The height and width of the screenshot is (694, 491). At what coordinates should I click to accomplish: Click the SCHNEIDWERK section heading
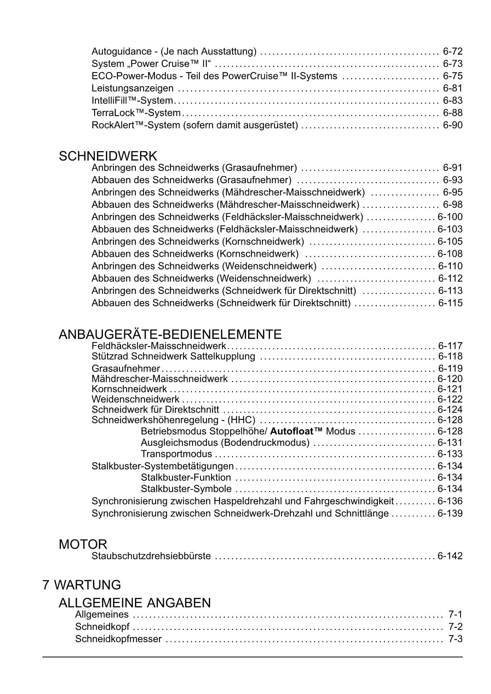(108, 156)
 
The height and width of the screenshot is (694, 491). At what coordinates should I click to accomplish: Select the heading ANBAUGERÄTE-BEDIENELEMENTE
(170, 334)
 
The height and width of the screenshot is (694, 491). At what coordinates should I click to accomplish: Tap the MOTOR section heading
(83, 544)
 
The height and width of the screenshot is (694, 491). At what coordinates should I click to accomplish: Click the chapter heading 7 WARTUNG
(82, 585)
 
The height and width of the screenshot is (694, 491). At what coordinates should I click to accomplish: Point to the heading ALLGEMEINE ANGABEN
(135, 603)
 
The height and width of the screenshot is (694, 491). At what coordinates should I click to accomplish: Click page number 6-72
(453, 51)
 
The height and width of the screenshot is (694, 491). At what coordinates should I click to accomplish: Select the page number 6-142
(450, 556)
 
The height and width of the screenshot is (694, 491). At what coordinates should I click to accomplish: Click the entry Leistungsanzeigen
(132, 88)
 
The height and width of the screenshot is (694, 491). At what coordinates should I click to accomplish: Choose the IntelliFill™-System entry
(132, 100)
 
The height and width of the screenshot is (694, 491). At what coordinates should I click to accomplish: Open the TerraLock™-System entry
(136, 113)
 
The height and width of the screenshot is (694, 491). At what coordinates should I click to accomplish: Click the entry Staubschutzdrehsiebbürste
(151, 556)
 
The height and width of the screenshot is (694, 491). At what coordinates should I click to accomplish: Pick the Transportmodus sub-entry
(176, 454)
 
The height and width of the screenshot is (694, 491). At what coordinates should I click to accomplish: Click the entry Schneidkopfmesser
(118, 639)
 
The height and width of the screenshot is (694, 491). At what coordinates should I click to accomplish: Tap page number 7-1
(455, 614)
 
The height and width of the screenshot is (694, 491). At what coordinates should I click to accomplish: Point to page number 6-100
(450, 217)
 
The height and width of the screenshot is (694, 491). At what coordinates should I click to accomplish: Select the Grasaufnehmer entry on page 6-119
(125, 369)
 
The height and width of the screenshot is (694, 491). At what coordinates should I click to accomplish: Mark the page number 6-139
(450, 514)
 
